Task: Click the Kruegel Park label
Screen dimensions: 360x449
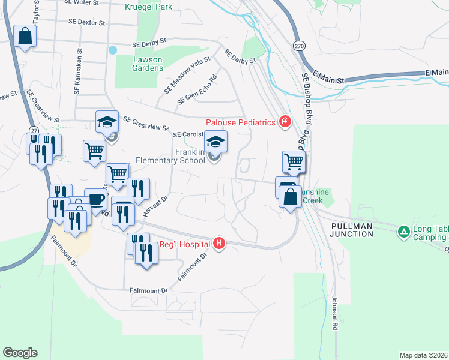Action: coord(149,7)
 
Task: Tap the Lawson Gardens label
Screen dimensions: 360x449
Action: coord(148,64)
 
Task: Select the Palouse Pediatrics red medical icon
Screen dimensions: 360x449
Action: coord(285,122)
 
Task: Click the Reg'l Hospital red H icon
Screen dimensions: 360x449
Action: coord(220,244)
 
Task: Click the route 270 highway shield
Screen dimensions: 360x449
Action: coord(300,46)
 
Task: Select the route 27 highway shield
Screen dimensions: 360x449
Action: coord(34,130)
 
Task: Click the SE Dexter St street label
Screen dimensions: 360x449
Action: coord(87,22)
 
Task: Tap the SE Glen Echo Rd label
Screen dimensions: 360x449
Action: coord(197,89)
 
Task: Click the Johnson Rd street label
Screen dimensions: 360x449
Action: coord(336,313)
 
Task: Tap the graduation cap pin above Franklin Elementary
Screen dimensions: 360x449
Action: coord(216,142)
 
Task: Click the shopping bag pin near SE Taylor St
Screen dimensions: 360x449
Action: coord(25,36)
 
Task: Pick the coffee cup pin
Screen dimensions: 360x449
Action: coord(95,199)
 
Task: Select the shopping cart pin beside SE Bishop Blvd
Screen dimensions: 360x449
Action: coord(294,161)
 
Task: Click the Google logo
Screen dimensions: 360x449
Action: coord(20,353)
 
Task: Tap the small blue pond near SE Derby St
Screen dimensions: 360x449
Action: coord(112,50)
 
